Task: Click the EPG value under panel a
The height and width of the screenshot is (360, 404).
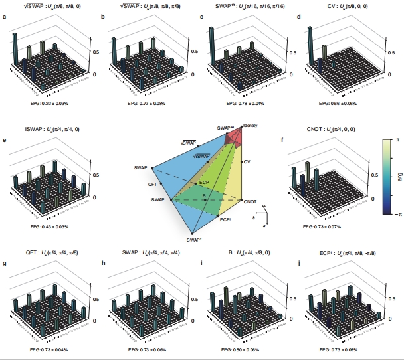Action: tap(47, 104)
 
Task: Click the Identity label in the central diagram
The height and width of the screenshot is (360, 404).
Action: tap(251, 125)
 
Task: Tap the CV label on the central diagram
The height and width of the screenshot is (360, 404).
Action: tap(247, 162)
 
